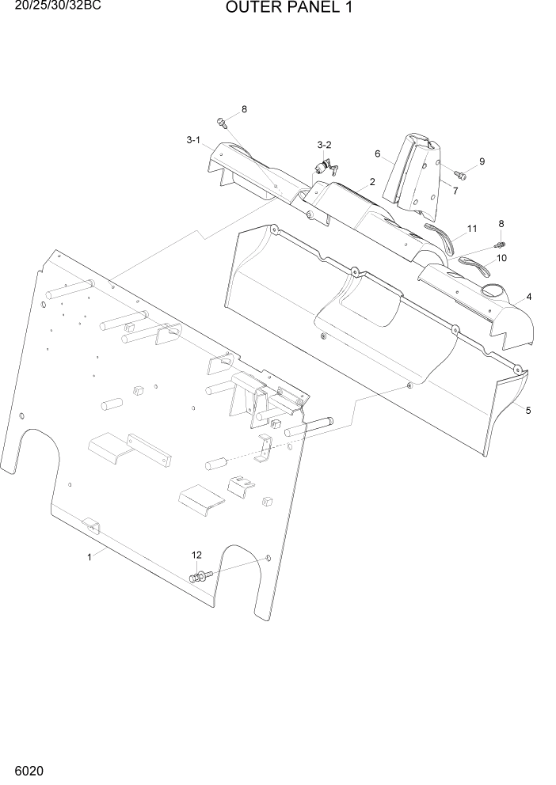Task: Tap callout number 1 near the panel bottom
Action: pyautogui.click(x=89, y=557)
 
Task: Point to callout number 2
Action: pyautogui.click(x=371, y=182)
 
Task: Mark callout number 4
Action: pyautogui.click(x=528, y=297)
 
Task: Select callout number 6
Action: pyautogui.click(x=378, y=154)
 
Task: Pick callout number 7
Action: pyautogui.click(x=455, y=190)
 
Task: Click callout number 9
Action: pyautogui.click(x=482, y=161)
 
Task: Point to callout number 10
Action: pyautogui.click(x=502, y=258)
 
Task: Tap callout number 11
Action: pyautogui.click(x=472, y=229)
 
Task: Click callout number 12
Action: pyautogui.click(x=196, y=556)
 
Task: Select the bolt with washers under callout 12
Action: pyautogui.click(x=199, y=576)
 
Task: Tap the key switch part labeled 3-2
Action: pyautogui.click(x=325, y=168)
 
